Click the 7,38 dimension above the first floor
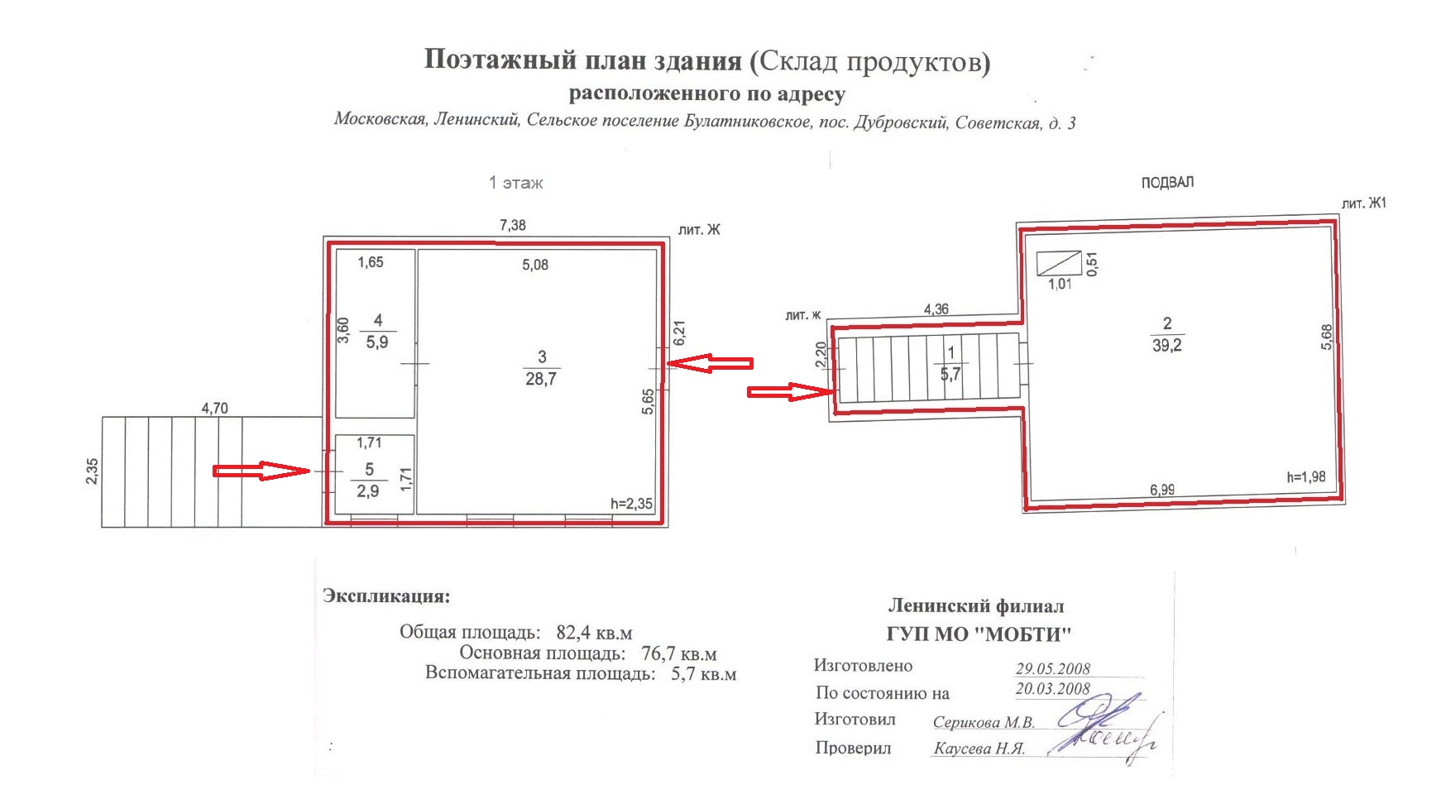[x=512, y=225]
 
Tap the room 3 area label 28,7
[x=541, y=379]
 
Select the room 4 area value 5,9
[x=377, y=342]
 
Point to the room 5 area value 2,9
[x=368, y=491]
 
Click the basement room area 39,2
[x=1167, y=346]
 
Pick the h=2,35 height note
[x=631, y=504]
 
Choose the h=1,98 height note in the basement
[x=1306, y=476]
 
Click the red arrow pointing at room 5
[x=261, y=471]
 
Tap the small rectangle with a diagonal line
[x=1059, y=263]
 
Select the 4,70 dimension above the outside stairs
[x=214, y=408]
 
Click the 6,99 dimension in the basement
[x=1162, y=490]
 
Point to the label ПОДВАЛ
[x=1167, y=182]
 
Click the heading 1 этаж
[x=515, y=183]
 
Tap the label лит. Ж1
[x=1364, y=203]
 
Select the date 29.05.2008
[x=1053, y=668]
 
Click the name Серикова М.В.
[x=984, y=722]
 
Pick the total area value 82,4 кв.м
[x=594, y=633]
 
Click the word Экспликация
[x=386, y=596]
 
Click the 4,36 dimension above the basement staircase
[x=936, y=309]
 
